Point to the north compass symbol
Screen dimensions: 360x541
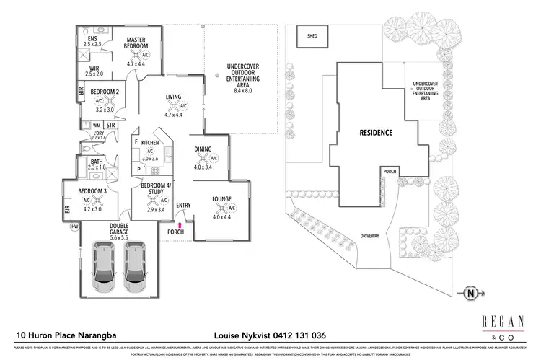pos(471,294)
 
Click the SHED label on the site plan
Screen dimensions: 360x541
pos(312,35)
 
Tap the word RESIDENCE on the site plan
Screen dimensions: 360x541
pos(376,133)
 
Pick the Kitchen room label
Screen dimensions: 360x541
pos(149,143)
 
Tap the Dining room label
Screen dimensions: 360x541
pos(203,150)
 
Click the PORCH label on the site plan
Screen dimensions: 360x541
pos(390,172)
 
